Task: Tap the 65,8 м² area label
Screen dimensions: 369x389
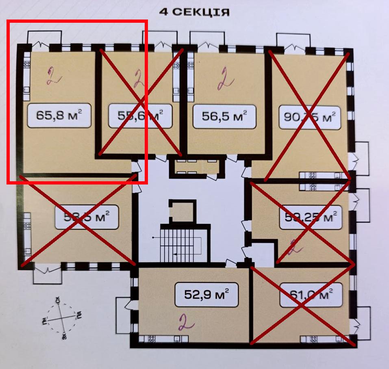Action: click(x=59, y=116)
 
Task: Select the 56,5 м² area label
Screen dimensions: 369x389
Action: click(x=225, y=117)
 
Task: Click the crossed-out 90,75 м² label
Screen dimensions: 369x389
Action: click(x=309, y=117)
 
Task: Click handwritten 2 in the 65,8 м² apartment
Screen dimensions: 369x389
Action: click(x=51, y=76)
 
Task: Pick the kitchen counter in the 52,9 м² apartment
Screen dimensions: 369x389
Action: click(x=161, y=339)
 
